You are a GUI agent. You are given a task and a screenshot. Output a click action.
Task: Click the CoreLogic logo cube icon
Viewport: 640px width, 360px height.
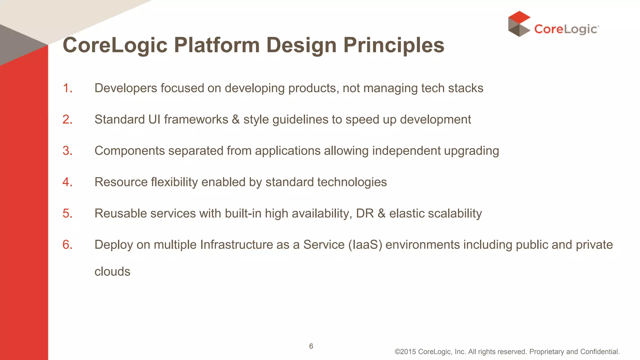519,24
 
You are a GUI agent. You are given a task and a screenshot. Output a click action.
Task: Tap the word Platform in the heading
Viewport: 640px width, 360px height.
217,45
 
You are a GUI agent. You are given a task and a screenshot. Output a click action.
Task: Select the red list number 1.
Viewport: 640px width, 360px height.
67,88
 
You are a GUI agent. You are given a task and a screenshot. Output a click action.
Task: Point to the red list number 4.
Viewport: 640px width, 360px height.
67,182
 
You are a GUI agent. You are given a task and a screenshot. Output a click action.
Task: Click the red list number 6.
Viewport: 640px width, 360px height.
67,245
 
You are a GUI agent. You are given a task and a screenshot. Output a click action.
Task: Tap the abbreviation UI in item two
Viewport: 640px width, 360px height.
154,120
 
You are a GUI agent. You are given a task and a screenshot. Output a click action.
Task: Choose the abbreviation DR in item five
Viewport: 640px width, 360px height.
365,213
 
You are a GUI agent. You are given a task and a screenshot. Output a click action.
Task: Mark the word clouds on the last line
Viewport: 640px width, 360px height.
112,272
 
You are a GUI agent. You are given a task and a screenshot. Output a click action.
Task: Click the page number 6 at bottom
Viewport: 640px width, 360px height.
311,346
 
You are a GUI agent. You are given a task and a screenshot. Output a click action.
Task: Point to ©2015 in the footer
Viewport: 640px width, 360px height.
405,352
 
